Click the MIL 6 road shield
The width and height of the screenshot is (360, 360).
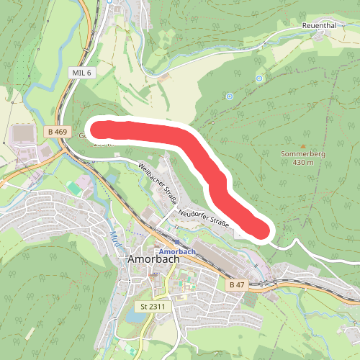[81, 73]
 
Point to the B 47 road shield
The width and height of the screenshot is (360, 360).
[236, 285]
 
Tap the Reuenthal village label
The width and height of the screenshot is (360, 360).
[319, 25]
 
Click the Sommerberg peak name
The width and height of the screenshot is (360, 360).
[297, 153]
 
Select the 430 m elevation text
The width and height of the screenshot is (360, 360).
[298, 163]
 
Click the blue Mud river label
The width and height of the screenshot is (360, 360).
[115, 238]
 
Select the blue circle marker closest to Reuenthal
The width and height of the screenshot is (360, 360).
[258, 78]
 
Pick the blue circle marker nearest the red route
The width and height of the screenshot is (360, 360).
[230, 96]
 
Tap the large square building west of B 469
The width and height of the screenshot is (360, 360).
[23, 134]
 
